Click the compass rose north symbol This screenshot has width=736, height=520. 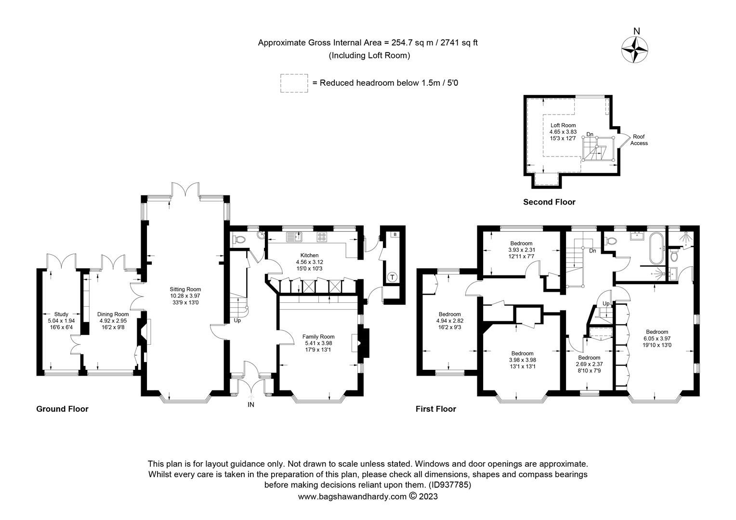point(636,48)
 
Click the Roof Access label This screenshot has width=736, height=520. point(639,140)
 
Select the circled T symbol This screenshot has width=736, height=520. point(393,277)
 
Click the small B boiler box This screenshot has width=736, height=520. point(395,234)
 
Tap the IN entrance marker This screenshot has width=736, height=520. point(251,404)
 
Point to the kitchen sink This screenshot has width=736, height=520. point(293,236)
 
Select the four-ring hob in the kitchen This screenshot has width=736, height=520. point(321,237)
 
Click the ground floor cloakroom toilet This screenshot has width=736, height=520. point(239,239)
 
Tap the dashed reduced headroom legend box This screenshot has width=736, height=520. point(293,83)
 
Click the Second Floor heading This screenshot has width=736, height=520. point(549,202)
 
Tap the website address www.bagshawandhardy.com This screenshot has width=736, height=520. point(352,496)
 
